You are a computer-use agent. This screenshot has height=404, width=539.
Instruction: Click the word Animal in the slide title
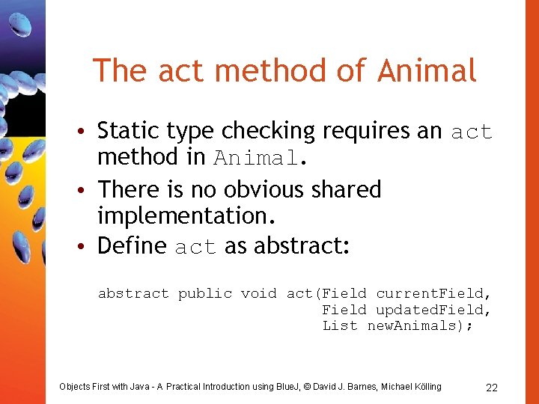[x=427, y=71]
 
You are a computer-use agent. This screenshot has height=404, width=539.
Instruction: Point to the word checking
[x=270, y=132]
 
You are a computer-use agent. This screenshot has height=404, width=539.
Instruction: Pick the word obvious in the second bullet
[x=262, y=189]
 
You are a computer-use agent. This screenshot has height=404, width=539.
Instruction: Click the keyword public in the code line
[x=204, y=294]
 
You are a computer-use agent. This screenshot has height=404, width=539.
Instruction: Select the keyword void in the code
[x=258, y=294]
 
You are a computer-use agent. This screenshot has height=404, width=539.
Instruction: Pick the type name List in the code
[x=340, y=325]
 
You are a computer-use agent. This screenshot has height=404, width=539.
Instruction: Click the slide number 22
[x=492, y=388]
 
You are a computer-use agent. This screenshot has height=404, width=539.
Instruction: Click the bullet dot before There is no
[x=88, y=190]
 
